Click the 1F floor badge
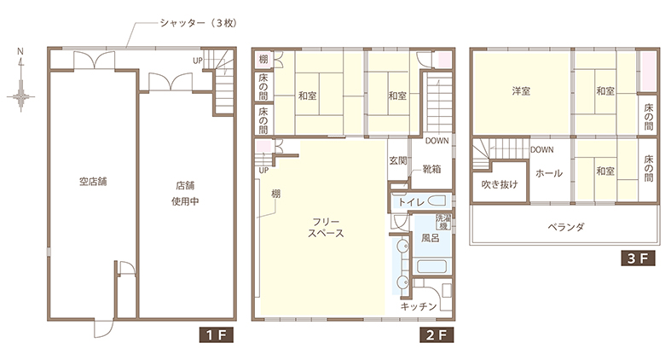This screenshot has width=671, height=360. (216, 334)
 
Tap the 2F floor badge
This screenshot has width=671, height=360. (437, 334)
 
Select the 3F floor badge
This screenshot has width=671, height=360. (638, 258)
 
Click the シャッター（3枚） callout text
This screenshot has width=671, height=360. (198, 23)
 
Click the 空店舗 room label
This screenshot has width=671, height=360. (93, 182)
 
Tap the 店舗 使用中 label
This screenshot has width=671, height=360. (185, 194)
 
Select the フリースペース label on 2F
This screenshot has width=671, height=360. (326, 228)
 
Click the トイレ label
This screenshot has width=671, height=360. (411, 201)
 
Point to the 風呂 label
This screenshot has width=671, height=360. (430, 238)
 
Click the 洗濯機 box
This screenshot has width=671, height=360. (443, 222)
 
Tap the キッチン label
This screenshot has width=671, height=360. (419, 306)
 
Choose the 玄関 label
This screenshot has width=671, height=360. (398, 161)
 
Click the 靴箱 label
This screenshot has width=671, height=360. (431, 169)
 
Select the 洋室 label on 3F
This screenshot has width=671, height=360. (521, 91)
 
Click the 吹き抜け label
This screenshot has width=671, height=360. (500, 184)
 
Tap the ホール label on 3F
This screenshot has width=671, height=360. (549, 173)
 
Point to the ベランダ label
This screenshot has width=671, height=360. (566, 227)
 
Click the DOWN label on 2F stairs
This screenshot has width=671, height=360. (437, 141)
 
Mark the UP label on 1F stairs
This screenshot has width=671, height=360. (197, 61)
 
